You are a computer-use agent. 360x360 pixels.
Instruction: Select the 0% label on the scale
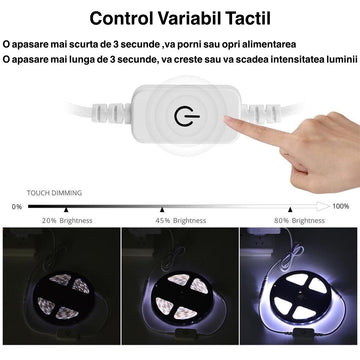pyautogui.click(x=17, y=206)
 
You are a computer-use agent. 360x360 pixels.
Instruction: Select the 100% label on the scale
pyautogui.click(x=340, y=206)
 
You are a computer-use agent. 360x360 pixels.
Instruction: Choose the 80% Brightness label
pyautogui.click(x=295, y=219)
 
